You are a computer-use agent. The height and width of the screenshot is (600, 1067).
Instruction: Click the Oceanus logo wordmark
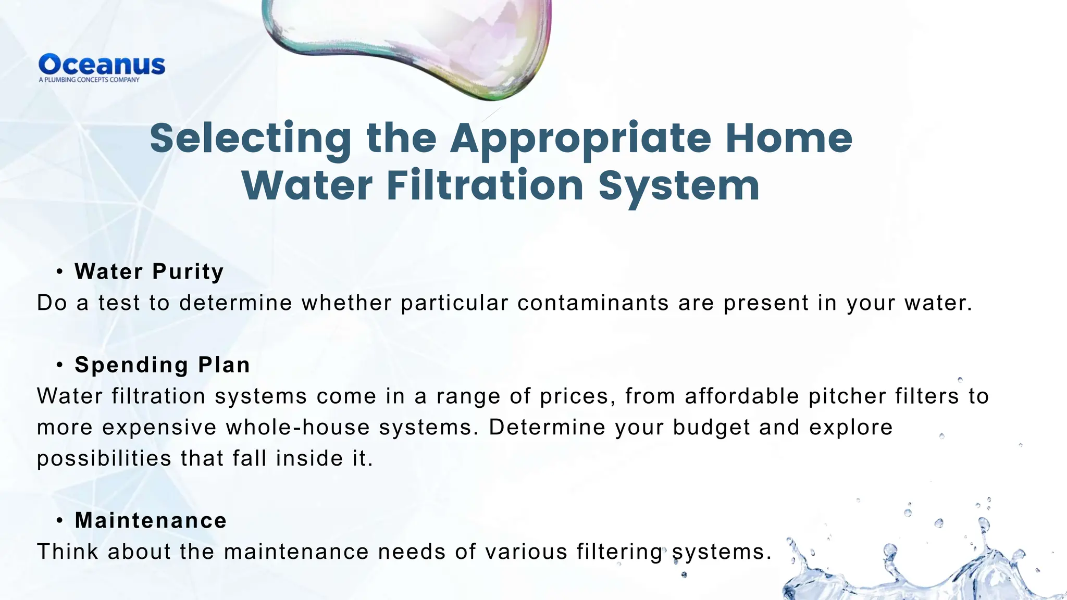102,65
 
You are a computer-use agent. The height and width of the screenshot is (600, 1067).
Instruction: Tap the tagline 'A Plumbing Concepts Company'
89,80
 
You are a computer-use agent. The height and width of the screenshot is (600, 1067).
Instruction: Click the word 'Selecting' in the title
251,138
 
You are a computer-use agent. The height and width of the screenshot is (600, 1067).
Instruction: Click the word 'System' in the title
679,186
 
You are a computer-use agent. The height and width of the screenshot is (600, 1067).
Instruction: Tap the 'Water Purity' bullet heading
149,271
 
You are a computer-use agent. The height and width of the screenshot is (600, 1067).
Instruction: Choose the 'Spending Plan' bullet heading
162,365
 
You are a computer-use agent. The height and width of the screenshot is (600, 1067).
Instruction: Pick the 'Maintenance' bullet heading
151,520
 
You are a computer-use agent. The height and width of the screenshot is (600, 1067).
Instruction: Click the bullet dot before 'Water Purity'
60,271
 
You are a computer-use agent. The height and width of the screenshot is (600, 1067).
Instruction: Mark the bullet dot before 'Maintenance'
60,520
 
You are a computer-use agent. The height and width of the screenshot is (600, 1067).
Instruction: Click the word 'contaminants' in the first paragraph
593,303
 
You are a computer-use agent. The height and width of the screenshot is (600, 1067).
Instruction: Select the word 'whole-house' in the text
297,428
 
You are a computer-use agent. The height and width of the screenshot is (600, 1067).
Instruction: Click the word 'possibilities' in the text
104,459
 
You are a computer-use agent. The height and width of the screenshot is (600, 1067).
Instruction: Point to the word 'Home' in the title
789,138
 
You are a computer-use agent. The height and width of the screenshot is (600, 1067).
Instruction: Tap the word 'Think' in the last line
67,552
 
